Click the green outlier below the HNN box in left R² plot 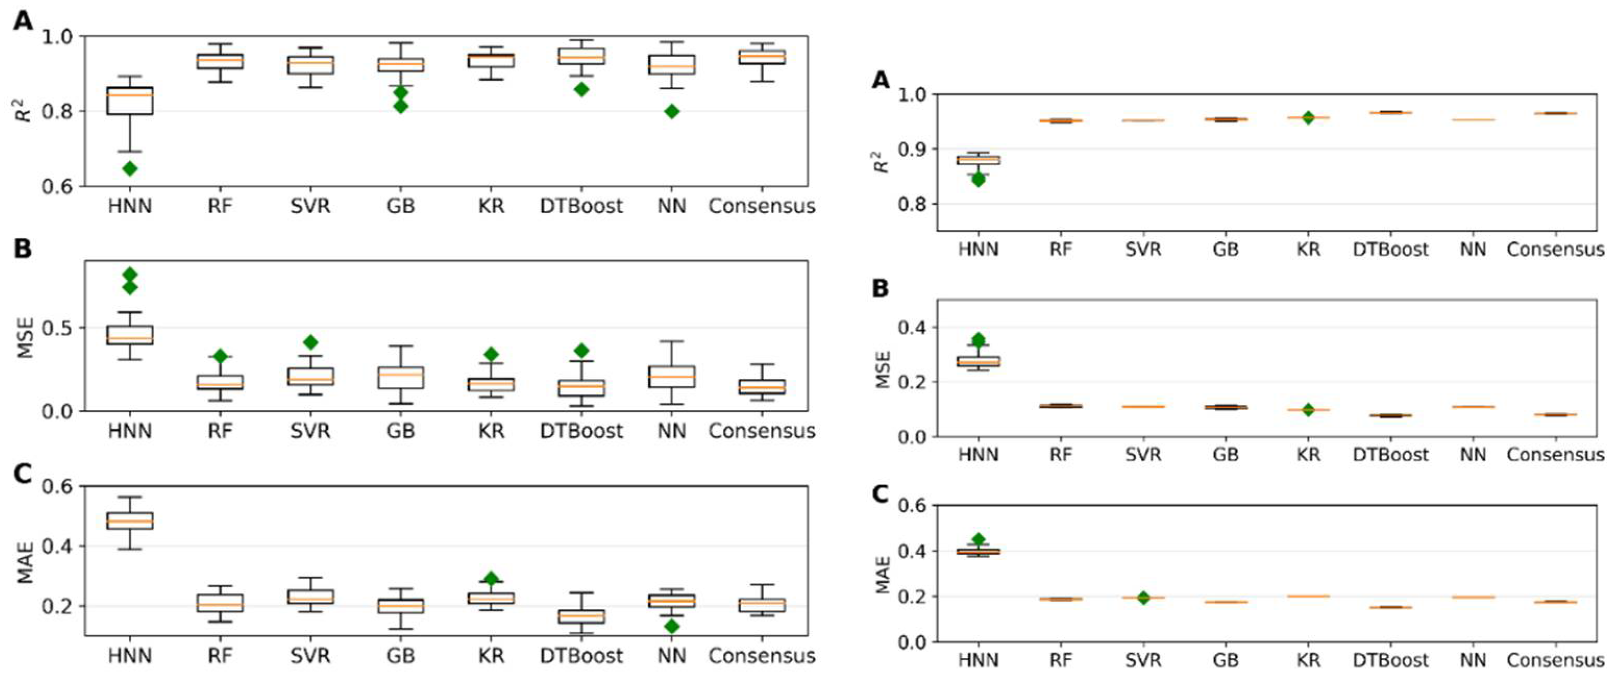[x=130, y=168]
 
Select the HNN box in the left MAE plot [x=130, y=520]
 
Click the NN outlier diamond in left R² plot [x=672, y=111]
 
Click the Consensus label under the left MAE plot [x=761, y=656]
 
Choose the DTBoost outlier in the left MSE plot [x=582, y=350]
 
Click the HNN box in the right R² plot [x=978, y=160]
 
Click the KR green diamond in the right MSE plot [x=1308, y=409]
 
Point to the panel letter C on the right [x=881, y=494]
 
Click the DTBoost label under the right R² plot [x=1390, y=250]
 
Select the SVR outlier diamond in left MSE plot [x=311, y=342]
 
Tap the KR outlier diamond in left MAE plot [x=491, y=578]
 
